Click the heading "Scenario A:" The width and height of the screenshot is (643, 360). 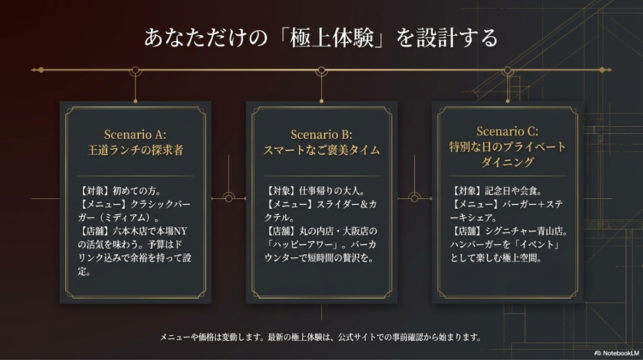pyautogui.click(x=135, y=134)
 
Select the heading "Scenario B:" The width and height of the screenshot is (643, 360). pyautogui.click(x=321, y=134)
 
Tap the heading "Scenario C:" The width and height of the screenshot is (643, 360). pyautogui.click(x=507, y=131)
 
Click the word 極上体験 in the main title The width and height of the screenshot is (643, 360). pyautogui.click(x=332, y=38)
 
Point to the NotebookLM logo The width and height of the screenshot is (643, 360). pyautogui.click(x=617, y=353)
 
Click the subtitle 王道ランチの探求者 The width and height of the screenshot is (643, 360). pyautogui.click(x=136, y=150)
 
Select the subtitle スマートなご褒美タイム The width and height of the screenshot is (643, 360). pyautogui.click(x=321, y=150)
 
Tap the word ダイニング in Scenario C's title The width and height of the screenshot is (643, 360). pyautogui.click(x=507, y=162)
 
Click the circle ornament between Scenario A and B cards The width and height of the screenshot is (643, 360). pyautogui.click(x=229, y=199)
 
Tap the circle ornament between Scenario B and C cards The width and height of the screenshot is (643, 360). pyautogui.click(x=414, y=199)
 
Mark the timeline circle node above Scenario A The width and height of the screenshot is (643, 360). pyautogui.click(x=136, y=70)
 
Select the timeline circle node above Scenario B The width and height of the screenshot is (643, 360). pyautogui.click(x=321, y=70)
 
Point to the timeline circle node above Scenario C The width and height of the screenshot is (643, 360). pyautogui.click(x=507, y=70)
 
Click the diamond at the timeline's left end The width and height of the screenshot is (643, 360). pyautogui.click(x=41, y=70)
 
